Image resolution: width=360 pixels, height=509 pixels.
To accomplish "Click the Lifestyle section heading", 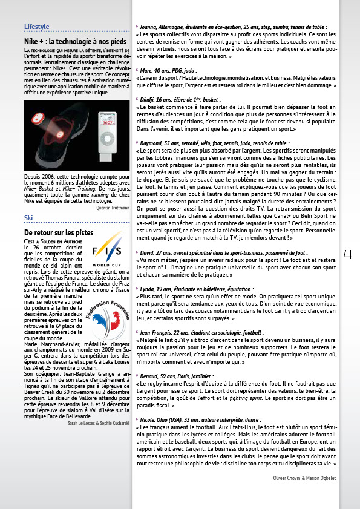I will tap(36, 27).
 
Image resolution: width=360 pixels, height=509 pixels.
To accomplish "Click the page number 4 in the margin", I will tap(347, 254).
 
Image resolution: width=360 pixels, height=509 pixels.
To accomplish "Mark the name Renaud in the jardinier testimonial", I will tap(151, 376).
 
